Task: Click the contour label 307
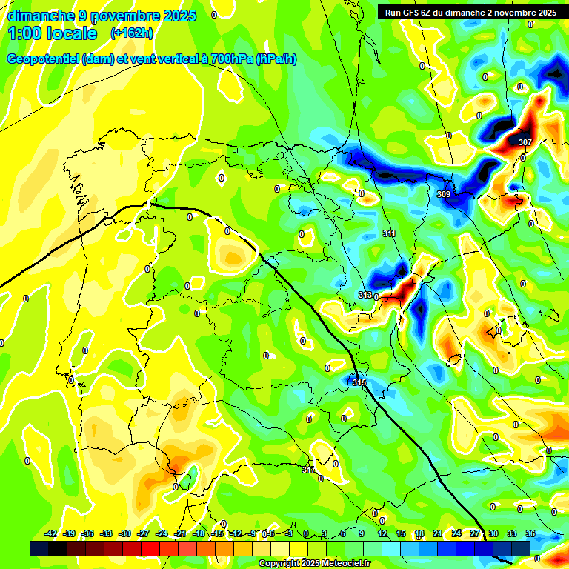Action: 525,142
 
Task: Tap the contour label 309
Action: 444,194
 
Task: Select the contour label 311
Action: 389,234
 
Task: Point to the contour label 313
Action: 365,295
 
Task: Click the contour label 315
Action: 359,382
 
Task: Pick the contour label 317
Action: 309,470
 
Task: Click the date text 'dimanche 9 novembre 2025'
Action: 102,16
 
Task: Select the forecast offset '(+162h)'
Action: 131,33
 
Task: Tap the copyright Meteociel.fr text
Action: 315,564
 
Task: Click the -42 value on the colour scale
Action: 51,533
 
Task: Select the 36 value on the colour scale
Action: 530,533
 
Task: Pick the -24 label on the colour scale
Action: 162,533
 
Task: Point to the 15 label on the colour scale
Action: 401,533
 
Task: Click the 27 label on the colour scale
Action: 475,533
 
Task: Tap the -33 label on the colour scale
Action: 106,533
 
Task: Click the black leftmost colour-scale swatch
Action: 39,548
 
